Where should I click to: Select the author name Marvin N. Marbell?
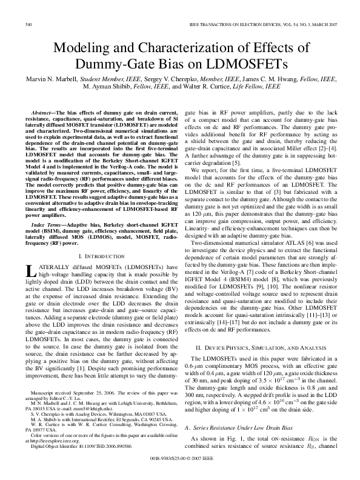54,79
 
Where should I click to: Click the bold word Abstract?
42,113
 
